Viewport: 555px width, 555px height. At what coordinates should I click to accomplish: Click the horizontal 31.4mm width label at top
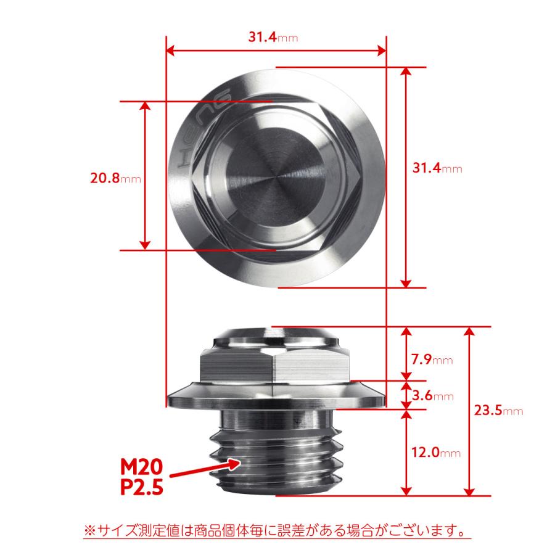click(x=273, y=37)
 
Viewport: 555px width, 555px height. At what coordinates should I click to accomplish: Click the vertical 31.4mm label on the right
click(x=436, y=168)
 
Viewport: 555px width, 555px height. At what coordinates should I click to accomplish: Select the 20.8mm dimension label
click(x=115, y=179)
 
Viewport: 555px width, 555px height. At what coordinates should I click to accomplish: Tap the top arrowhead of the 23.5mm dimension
click(x=471, y=332)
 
